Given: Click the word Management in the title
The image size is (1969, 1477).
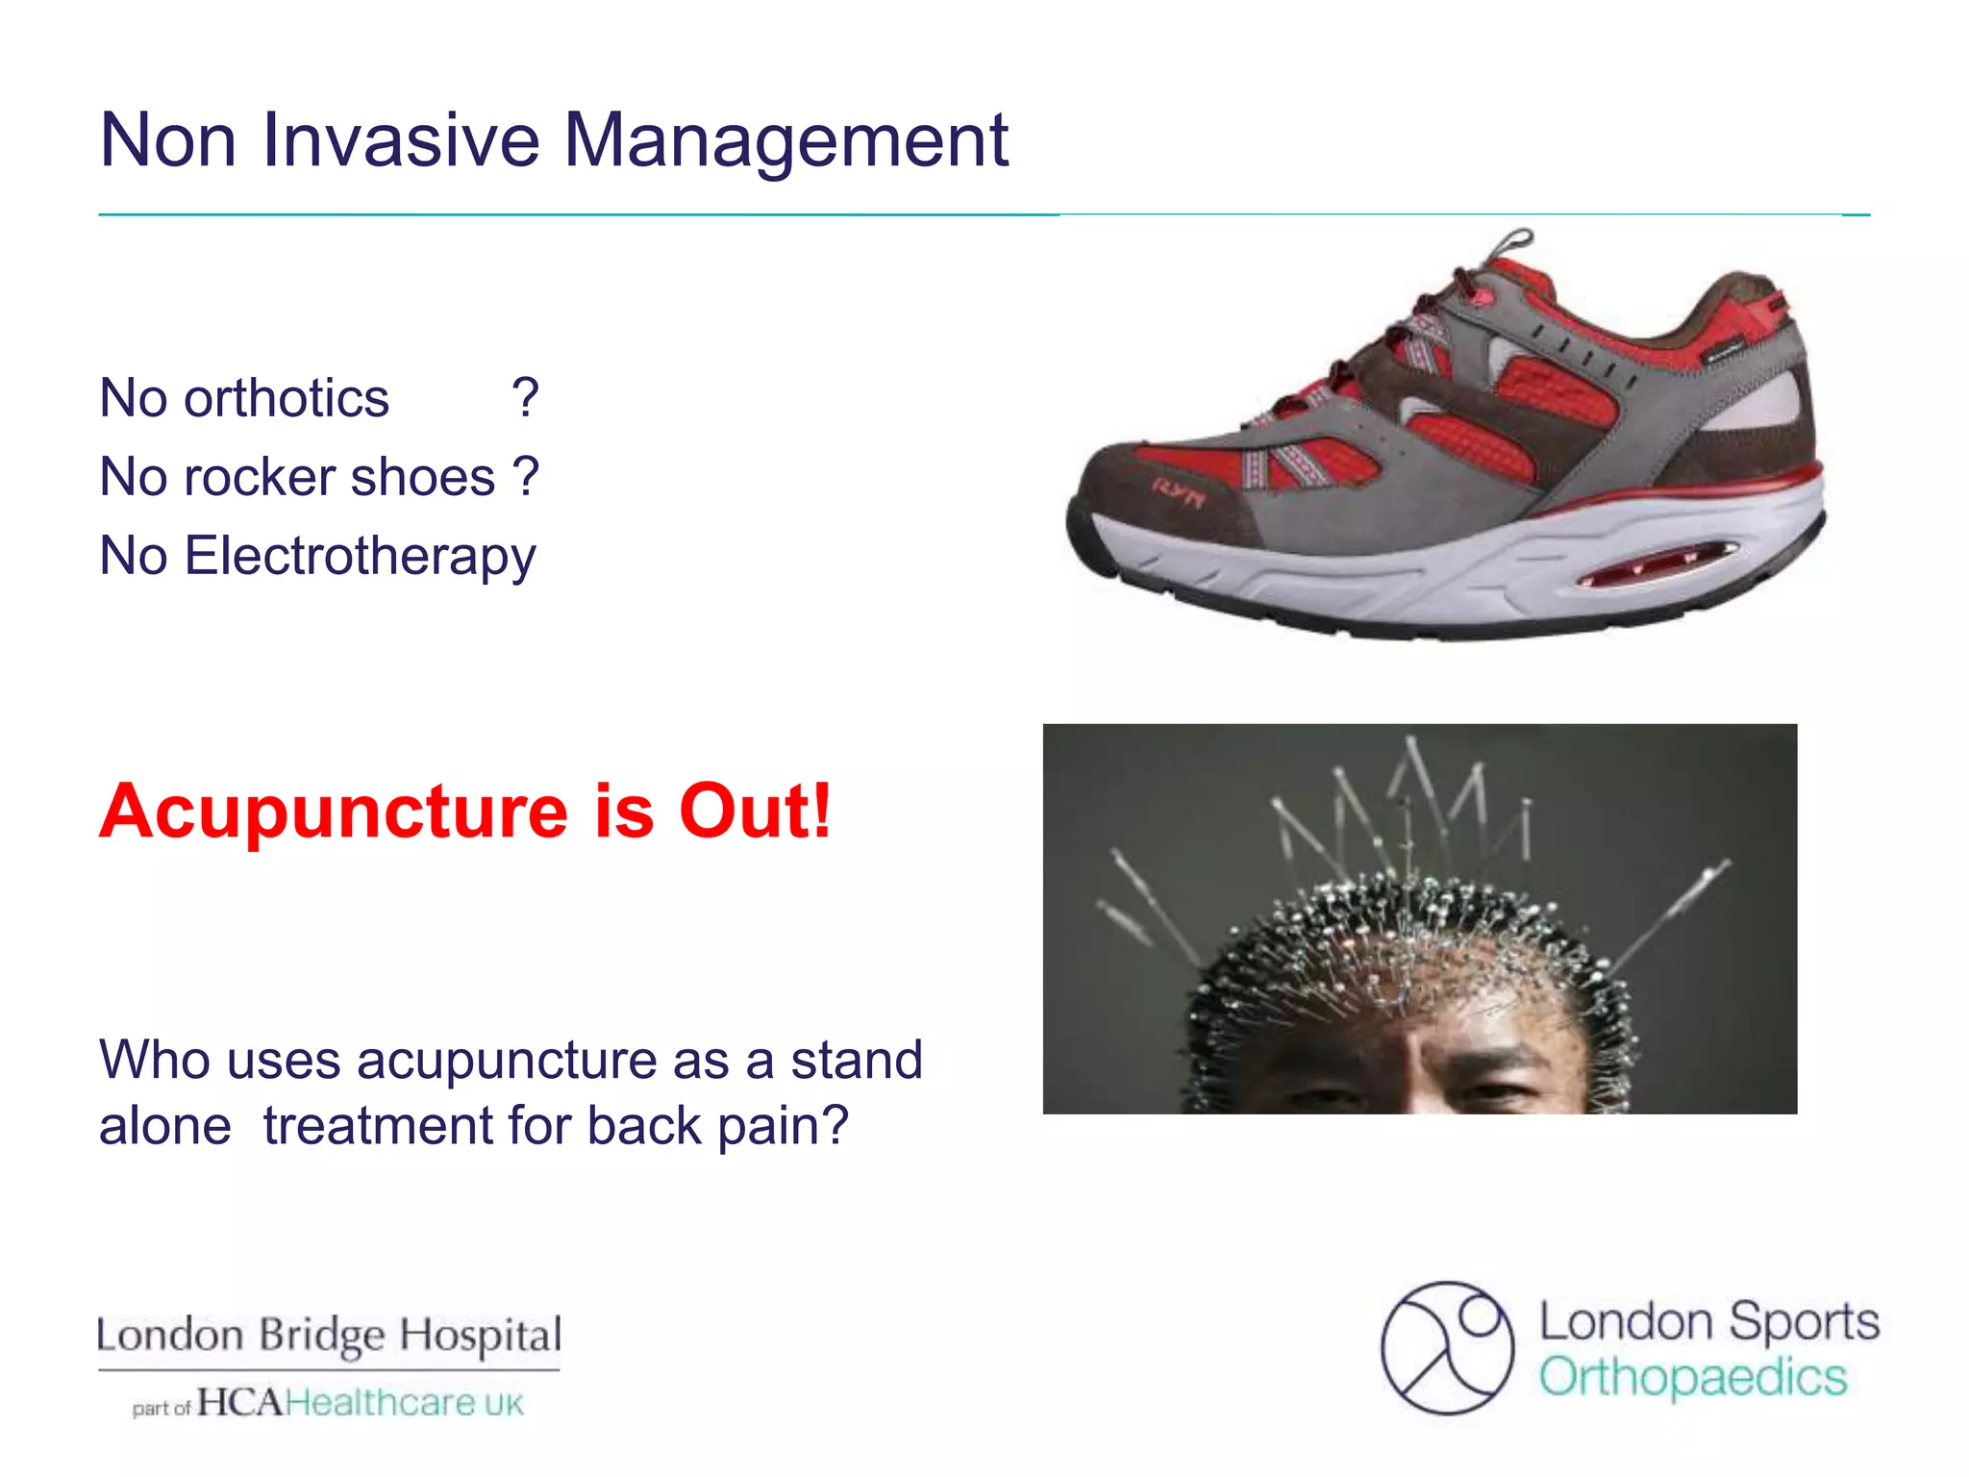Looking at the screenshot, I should pos(785,140).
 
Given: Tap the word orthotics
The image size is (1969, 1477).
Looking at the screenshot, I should pos(287,398).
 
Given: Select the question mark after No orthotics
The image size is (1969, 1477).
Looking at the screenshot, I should pos(525,398).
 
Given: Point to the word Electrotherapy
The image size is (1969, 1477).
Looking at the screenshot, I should pos(360,557).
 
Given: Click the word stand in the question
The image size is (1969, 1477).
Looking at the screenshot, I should pos(856,1060).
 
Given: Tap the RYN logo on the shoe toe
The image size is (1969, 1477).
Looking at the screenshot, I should pos(1179,490).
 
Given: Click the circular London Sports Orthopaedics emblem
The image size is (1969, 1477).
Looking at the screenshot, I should pos(1447,1347).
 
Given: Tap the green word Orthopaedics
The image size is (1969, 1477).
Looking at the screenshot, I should pos(1693,1378).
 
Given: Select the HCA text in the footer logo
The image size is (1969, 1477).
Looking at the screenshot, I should pos(240,1403).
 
